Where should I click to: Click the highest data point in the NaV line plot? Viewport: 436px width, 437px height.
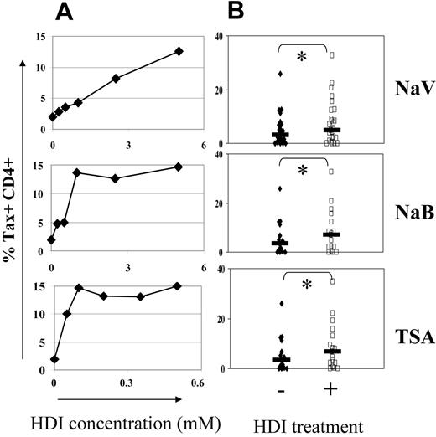pos(179,52)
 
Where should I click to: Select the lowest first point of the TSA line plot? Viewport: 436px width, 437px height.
pos(54,359)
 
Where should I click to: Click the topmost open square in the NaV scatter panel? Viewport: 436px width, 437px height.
pos(332,54)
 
